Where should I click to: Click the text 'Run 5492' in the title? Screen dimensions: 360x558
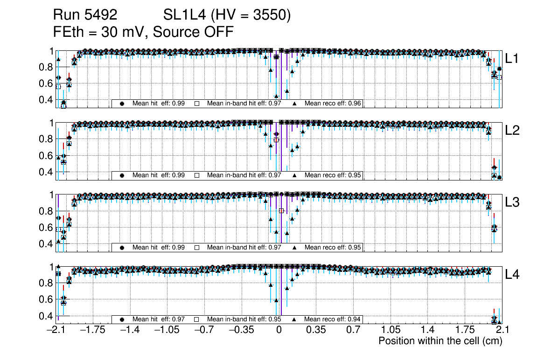85,15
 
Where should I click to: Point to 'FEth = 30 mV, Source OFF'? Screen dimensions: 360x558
143,32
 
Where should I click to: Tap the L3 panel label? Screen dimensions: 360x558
512,202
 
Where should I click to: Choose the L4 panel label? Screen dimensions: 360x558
512,275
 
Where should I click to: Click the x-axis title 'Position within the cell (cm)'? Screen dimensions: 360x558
440,341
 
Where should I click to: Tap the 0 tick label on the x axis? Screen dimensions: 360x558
279,330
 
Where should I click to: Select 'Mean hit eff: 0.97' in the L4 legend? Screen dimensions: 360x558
159,319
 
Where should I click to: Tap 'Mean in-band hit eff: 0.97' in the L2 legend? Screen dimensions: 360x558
244,175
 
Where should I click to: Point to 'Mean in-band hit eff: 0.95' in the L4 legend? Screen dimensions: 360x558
244,319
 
